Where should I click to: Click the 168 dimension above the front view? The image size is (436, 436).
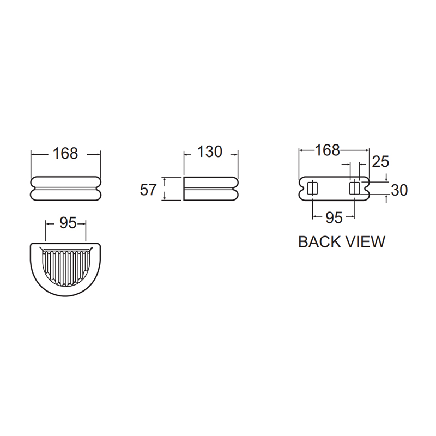tap(65, 153)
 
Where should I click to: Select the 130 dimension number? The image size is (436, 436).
tap(210, 152)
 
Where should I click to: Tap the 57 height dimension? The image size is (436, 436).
tap(148, 190)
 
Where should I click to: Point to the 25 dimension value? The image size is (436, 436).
tap(380, 161)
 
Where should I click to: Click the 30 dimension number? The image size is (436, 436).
tap(399, 190)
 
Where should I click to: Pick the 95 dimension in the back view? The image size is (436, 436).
tap(334, 217)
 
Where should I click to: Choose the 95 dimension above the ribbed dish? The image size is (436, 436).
tap(68, 223)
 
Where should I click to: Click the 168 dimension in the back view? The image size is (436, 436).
tap(328, 150)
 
